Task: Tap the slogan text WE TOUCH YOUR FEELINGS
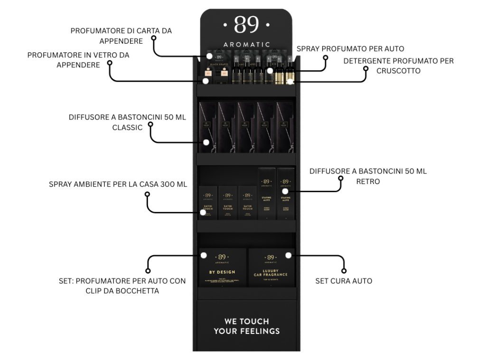[x=246, y=326]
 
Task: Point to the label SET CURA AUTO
[x=344, y=281]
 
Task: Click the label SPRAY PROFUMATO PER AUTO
[x=350, y=48]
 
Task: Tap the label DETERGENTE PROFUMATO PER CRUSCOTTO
[x=398, y=65]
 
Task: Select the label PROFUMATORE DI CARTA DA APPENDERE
[x=121, y=36]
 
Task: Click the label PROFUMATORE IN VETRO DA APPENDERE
[x=78, y=60]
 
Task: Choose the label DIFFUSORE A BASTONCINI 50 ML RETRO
[x=367, y=176]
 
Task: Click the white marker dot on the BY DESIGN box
[x=204, y=256]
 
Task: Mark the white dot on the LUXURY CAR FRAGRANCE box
[x=288, y=255]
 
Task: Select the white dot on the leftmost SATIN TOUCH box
[x=203, y=212]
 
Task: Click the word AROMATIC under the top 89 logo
[x=246, y=44]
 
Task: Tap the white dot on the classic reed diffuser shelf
[x=206, y=142]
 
